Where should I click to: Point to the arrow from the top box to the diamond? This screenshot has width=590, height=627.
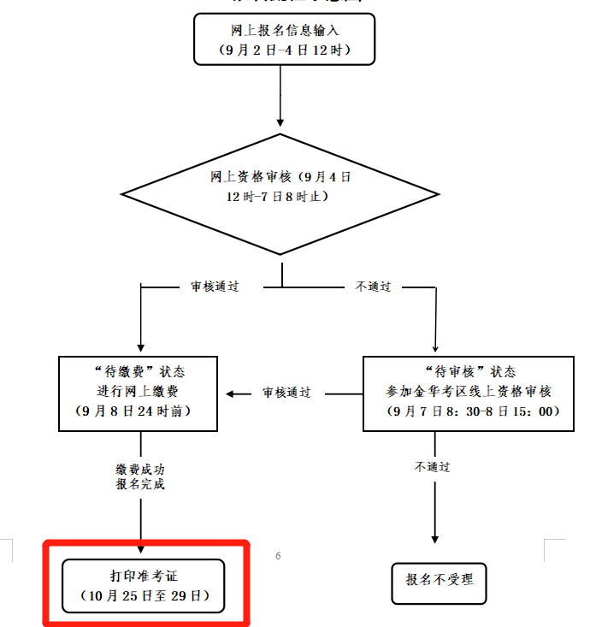280,94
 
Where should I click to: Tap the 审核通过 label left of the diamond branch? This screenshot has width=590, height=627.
215,287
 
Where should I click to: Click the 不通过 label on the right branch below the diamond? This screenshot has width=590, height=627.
373,287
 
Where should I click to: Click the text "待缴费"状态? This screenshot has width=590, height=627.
140,372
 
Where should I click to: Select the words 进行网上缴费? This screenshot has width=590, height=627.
140,392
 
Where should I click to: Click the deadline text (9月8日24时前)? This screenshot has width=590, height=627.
140,411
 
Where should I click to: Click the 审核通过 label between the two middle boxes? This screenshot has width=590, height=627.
286,393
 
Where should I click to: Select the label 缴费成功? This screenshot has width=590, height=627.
140,469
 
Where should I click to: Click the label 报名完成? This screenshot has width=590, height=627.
140,484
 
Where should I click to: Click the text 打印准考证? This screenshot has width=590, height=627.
144,575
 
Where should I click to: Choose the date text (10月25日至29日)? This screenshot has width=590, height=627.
144,594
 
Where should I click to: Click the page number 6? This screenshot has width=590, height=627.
278,556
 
